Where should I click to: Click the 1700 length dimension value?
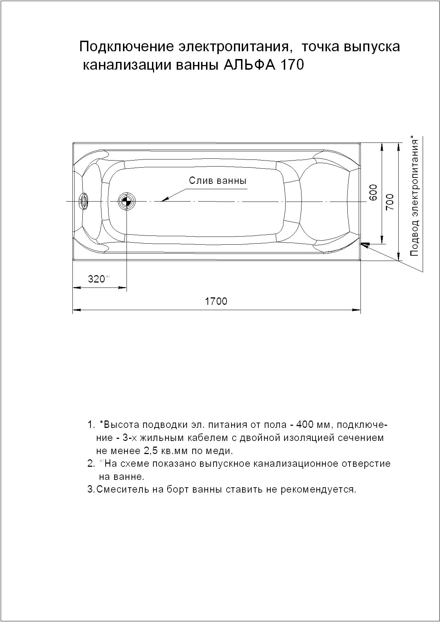(x=216, y=301)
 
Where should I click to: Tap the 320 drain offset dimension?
(x=96, y=279)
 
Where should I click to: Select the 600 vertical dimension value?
(x=374, y=192)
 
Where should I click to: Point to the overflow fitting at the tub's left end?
(x=84, y=202)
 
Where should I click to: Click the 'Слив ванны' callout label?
(x=217, y=181)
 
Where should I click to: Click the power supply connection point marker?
(x=365, y=244)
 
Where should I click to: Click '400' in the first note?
(x=306, y=424)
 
